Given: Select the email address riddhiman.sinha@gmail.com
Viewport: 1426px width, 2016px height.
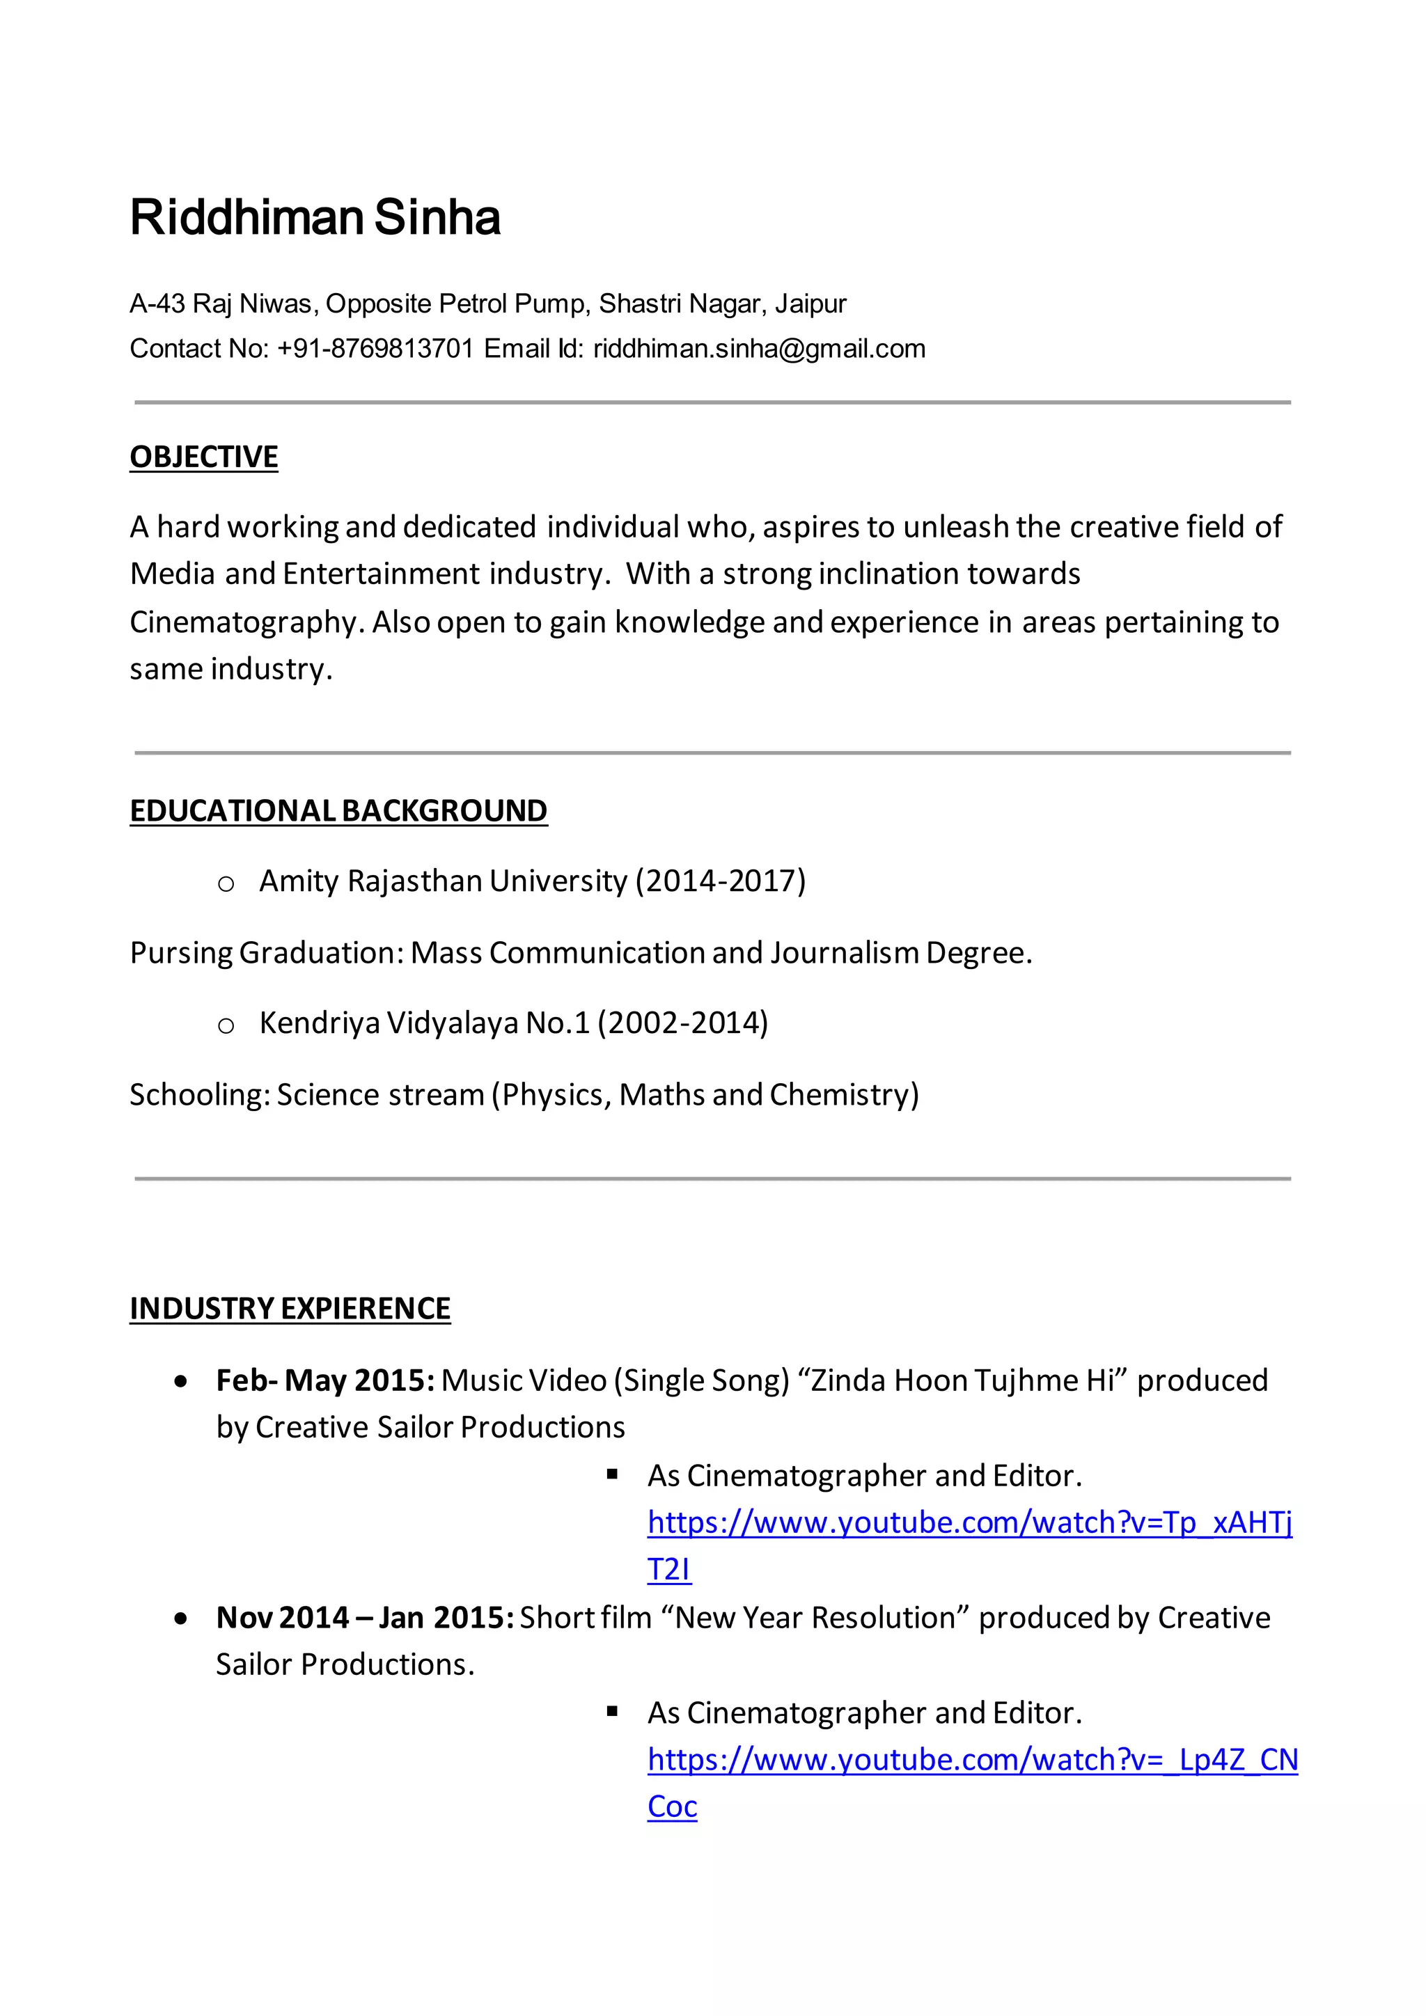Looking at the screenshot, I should pyautogui.click(x=759, y=349).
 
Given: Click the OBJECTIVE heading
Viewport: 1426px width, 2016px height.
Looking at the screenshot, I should pyautogui.click(x=204, y=457).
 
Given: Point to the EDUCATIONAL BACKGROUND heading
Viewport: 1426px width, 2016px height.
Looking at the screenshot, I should pyautogui.click(x=338, y=810).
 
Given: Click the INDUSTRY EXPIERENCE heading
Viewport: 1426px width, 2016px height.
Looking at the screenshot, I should pyautogui.click(x=290, y=1308).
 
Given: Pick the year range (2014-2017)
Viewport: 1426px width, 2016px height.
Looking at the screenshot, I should pyautogui.click(x=720, y=881).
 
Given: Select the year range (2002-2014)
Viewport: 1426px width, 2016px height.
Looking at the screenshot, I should pyautogui.click(x=682, y=1023).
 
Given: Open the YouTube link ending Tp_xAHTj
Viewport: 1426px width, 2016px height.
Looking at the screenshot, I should pyautogui.click(x=969, y=1522).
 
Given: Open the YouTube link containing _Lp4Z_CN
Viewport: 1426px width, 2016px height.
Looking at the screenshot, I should pyautogui.click(x=972, y=1760).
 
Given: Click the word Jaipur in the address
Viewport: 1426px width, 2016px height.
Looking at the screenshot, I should pyautogui.click(x=810, y=304).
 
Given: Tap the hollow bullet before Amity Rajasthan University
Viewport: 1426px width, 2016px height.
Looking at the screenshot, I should pyautogui.click(x=226, y=883).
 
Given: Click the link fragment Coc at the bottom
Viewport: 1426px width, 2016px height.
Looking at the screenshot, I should pyautogui.click(x=672, y=1806).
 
